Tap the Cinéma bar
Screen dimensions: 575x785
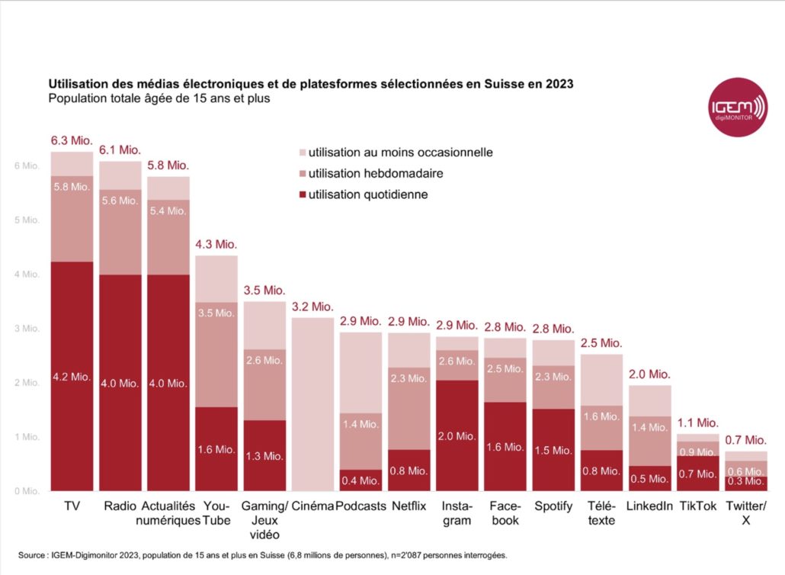click(312, 404)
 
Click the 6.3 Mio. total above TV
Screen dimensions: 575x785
click(72, 141)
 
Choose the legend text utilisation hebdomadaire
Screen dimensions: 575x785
click(376, 173)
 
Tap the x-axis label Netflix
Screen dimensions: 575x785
click(409, 506)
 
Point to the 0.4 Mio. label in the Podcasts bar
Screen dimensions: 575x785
click(360, 480)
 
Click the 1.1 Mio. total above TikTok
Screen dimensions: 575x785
click(697, 422)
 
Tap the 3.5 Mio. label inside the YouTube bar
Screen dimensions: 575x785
click(216, 313)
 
